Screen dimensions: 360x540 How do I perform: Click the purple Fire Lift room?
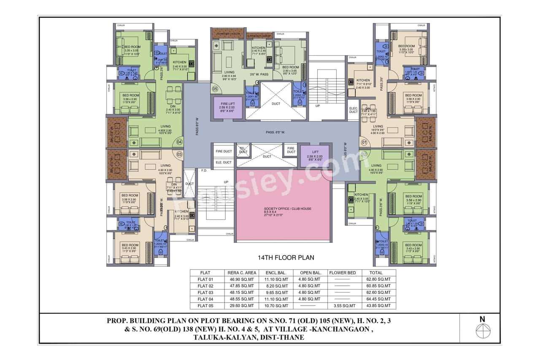(228, 108)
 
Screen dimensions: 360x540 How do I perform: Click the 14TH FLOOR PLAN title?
(286, 257)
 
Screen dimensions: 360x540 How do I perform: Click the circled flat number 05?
(215, 89)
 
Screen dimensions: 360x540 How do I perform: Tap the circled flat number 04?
(179, 142)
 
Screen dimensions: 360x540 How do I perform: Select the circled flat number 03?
(179, 154)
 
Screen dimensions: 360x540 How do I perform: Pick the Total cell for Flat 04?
(379, 299)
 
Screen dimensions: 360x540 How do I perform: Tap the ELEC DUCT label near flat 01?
(353, 110)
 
